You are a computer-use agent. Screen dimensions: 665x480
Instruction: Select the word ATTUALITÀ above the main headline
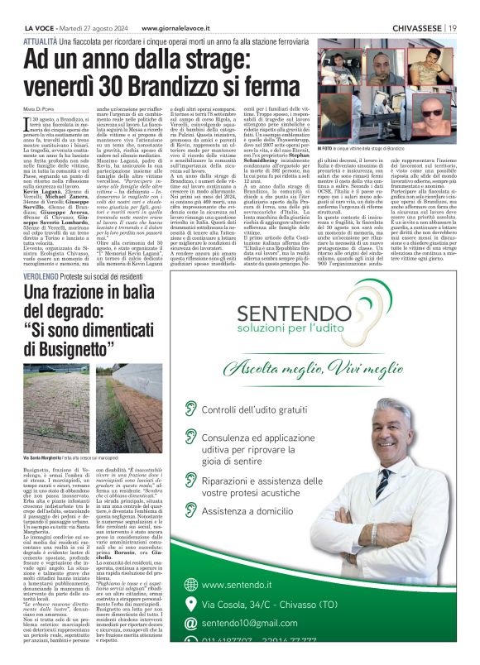click(41, 40)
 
